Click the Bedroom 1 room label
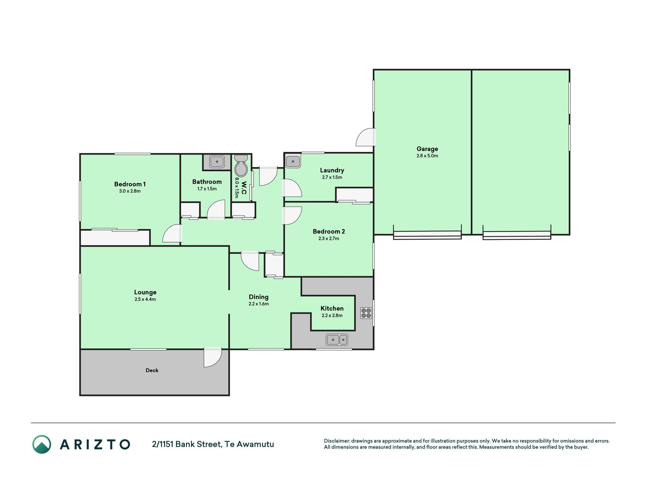click(x=130, y=184)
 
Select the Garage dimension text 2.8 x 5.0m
click(x=427, y=156)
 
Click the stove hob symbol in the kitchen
click(x=366, y=313)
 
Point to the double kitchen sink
click(x=337, y=339)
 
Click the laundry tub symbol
click(x=293, y=161)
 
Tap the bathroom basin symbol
click(x=217, y=161)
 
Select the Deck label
click(x=152, y=370)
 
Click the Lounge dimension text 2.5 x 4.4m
click(x=145, y=299)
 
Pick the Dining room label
click(x=259, y=297)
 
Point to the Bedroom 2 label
click(x=329, y=231)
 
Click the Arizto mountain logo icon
click(x=42, y=444)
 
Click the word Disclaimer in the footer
click(x=337, y=441)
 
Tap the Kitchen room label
click(x=332, y=308)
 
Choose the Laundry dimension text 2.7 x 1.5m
click(x=332, y=177)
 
